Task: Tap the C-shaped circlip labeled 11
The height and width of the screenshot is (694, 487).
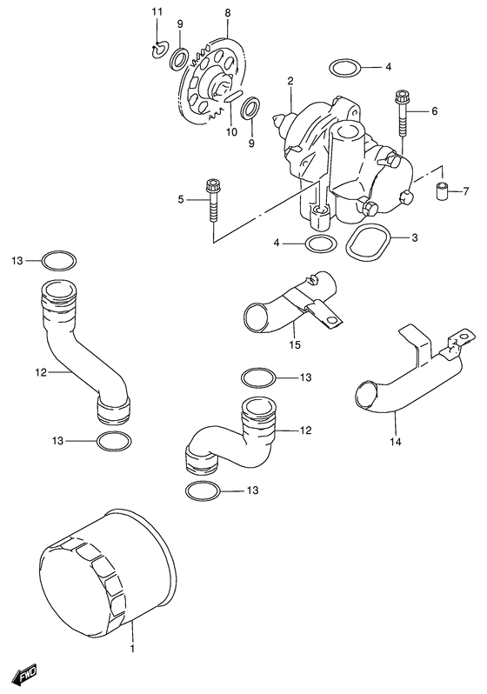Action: tap(157, 49)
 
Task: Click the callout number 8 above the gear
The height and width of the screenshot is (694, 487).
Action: tap(228, 13)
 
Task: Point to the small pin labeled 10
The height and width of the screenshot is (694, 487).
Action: tap(232, 97)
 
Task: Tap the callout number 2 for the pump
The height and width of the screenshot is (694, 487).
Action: tap(290, 81)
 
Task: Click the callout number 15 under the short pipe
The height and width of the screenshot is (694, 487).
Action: tap(295, 344)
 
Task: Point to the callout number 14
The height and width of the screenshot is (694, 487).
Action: tap(396, 441)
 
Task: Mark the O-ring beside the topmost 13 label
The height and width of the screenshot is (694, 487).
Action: tap(59, 260)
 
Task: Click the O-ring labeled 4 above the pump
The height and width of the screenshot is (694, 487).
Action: tap(346, 68)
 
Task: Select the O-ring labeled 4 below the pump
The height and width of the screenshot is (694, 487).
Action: tap(321, 244)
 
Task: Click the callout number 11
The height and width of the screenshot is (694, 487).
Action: tap(157, 12)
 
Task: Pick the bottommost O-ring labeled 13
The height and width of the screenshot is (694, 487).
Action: tap(203, 490)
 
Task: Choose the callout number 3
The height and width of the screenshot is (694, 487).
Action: tap(415, 237)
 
